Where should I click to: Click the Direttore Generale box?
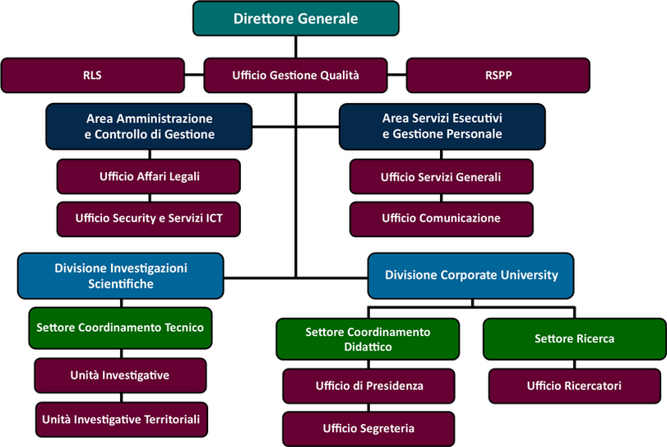pyautogui.click(x=295, y=18)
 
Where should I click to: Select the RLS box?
pyautogui.click(x=93, y=76)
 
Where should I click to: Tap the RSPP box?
pyautogui.click(x=498, y=76)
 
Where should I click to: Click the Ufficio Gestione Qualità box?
pyautogui.click(x=295, y=76)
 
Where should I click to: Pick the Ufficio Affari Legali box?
pyautogui.click(x=149, y=176)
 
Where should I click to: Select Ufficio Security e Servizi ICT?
pyautogui.click(x=149, y=219)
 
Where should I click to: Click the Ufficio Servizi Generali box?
pyautogui.click(x=441, y=177)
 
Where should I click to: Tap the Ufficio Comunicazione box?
pyautogui.click(x=441, y=219)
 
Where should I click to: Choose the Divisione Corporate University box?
pyautogui.click(x=471, y=276)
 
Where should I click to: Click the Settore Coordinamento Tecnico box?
pyautogui.click(x=120, y=328)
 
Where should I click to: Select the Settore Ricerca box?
pyautogui.click(x=575, y=339)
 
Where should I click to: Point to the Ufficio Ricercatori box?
pyautogui.click(x=575, y=386)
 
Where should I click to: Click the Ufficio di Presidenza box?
pyautogui.click(x=368, y=386)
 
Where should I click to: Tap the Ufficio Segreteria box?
pyautogui.click(x=368, y=429)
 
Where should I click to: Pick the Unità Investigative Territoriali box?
pyautogui.click(x=122, y=419)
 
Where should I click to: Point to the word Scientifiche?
pyautogui.click(x=121, y=284)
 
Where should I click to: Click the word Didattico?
pyautogui.click(x=368, y=347)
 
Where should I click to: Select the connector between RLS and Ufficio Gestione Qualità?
pyautogui.click(x=194, y=75)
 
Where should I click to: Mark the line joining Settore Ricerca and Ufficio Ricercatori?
pyautogui.click(x=575, y=365)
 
